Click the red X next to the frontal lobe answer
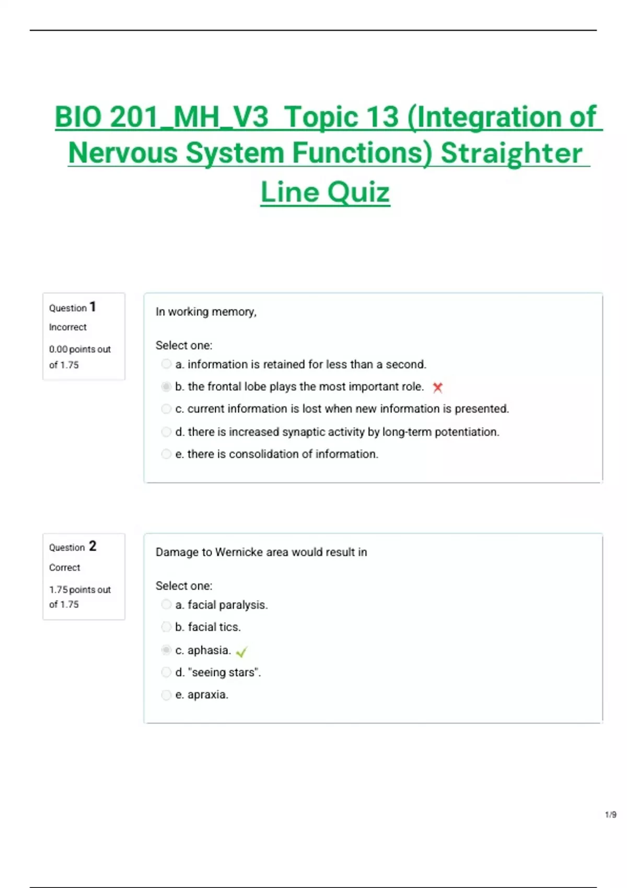[438, 388]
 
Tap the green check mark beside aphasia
[241, 651]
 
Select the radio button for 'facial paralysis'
[166, 604]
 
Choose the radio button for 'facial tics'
[166, 627]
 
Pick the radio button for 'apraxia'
[166, 695]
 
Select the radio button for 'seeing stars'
[166, 672]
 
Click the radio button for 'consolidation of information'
[166, 454]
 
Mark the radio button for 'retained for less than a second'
[166, 364]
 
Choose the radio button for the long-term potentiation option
[166, 431]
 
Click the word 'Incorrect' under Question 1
[68, 327]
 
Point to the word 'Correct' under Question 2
[65, 567]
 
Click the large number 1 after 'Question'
[92, 307]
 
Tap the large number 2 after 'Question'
[92, 546]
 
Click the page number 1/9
[610, 814]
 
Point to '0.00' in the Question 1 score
[58, 349]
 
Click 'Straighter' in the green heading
[511, 154]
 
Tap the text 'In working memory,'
[206, 312]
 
